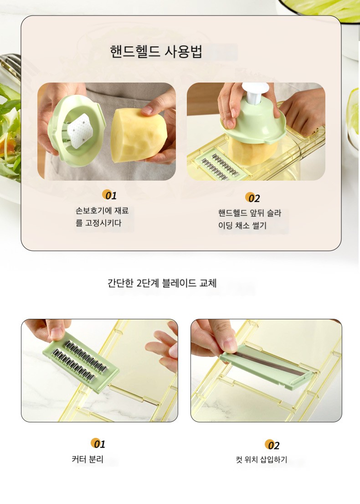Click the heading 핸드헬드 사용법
click(156, 52)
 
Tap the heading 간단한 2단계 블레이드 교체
click(162, 283)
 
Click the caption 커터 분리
click(87, 459)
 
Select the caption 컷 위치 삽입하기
click(262, 460)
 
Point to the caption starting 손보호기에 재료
click(102, 217)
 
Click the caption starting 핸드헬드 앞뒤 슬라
click(250, 219)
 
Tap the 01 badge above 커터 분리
click(98, 444)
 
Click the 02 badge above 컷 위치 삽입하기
click(272, 445)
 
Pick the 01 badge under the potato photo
click(109, 195)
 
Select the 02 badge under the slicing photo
click(253, 197)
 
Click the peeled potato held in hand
click(137, 135)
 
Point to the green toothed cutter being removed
click(80, 362)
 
